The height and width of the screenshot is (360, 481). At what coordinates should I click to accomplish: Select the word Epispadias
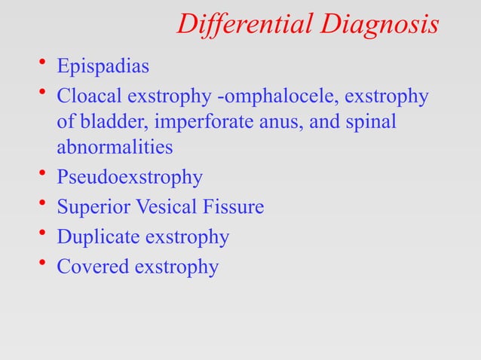(x=103, y=67)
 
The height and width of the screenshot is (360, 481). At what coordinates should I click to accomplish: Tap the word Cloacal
(x=88, y=97)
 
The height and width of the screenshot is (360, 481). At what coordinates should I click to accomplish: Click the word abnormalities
(x=115, y=147)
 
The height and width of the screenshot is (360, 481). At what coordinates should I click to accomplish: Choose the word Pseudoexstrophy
(x=130, y=178)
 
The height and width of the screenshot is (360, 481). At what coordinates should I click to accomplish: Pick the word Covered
(x=91, y=267)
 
